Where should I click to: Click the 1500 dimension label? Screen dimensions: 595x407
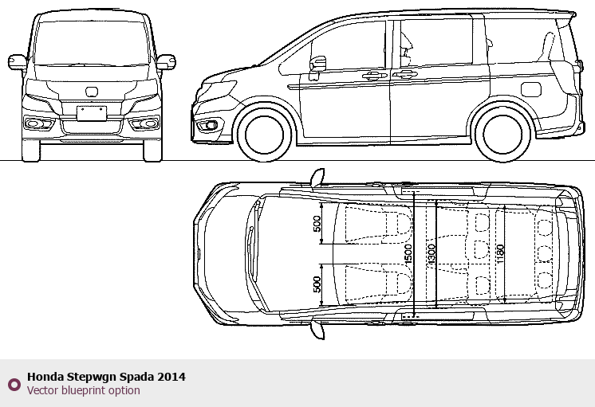point(408,254)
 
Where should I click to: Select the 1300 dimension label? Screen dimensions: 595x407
point(431,254)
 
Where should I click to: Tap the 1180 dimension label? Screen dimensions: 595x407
point(500,254)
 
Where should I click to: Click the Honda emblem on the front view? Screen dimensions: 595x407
point(92,92)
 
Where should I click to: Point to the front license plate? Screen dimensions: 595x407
point(92,113)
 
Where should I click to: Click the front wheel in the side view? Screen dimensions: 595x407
point(265,135)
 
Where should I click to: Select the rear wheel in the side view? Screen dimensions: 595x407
point(502,135)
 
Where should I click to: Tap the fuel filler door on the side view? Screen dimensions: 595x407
point(531,89)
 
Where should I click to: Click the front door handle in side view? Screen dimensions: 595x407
point(375,76)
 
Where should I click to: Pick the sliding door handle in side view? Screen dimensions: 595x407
point(405,74)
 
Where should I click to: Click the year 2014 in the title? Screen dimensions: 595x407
point(171,377)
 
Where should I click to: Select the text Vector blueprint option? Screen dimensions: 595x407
point(84,390)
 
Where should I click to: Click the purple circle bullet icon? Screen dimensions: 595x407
point(14,385)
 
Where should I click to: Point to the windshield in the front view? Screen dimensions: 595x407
point(92,43)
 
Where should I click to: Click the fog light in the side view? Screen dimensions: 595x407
point(207,125)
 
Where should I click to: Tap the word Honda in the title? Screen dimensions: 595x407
point(45,377)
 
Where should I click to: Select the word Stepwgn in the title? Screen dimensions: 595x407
point(92,377)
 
